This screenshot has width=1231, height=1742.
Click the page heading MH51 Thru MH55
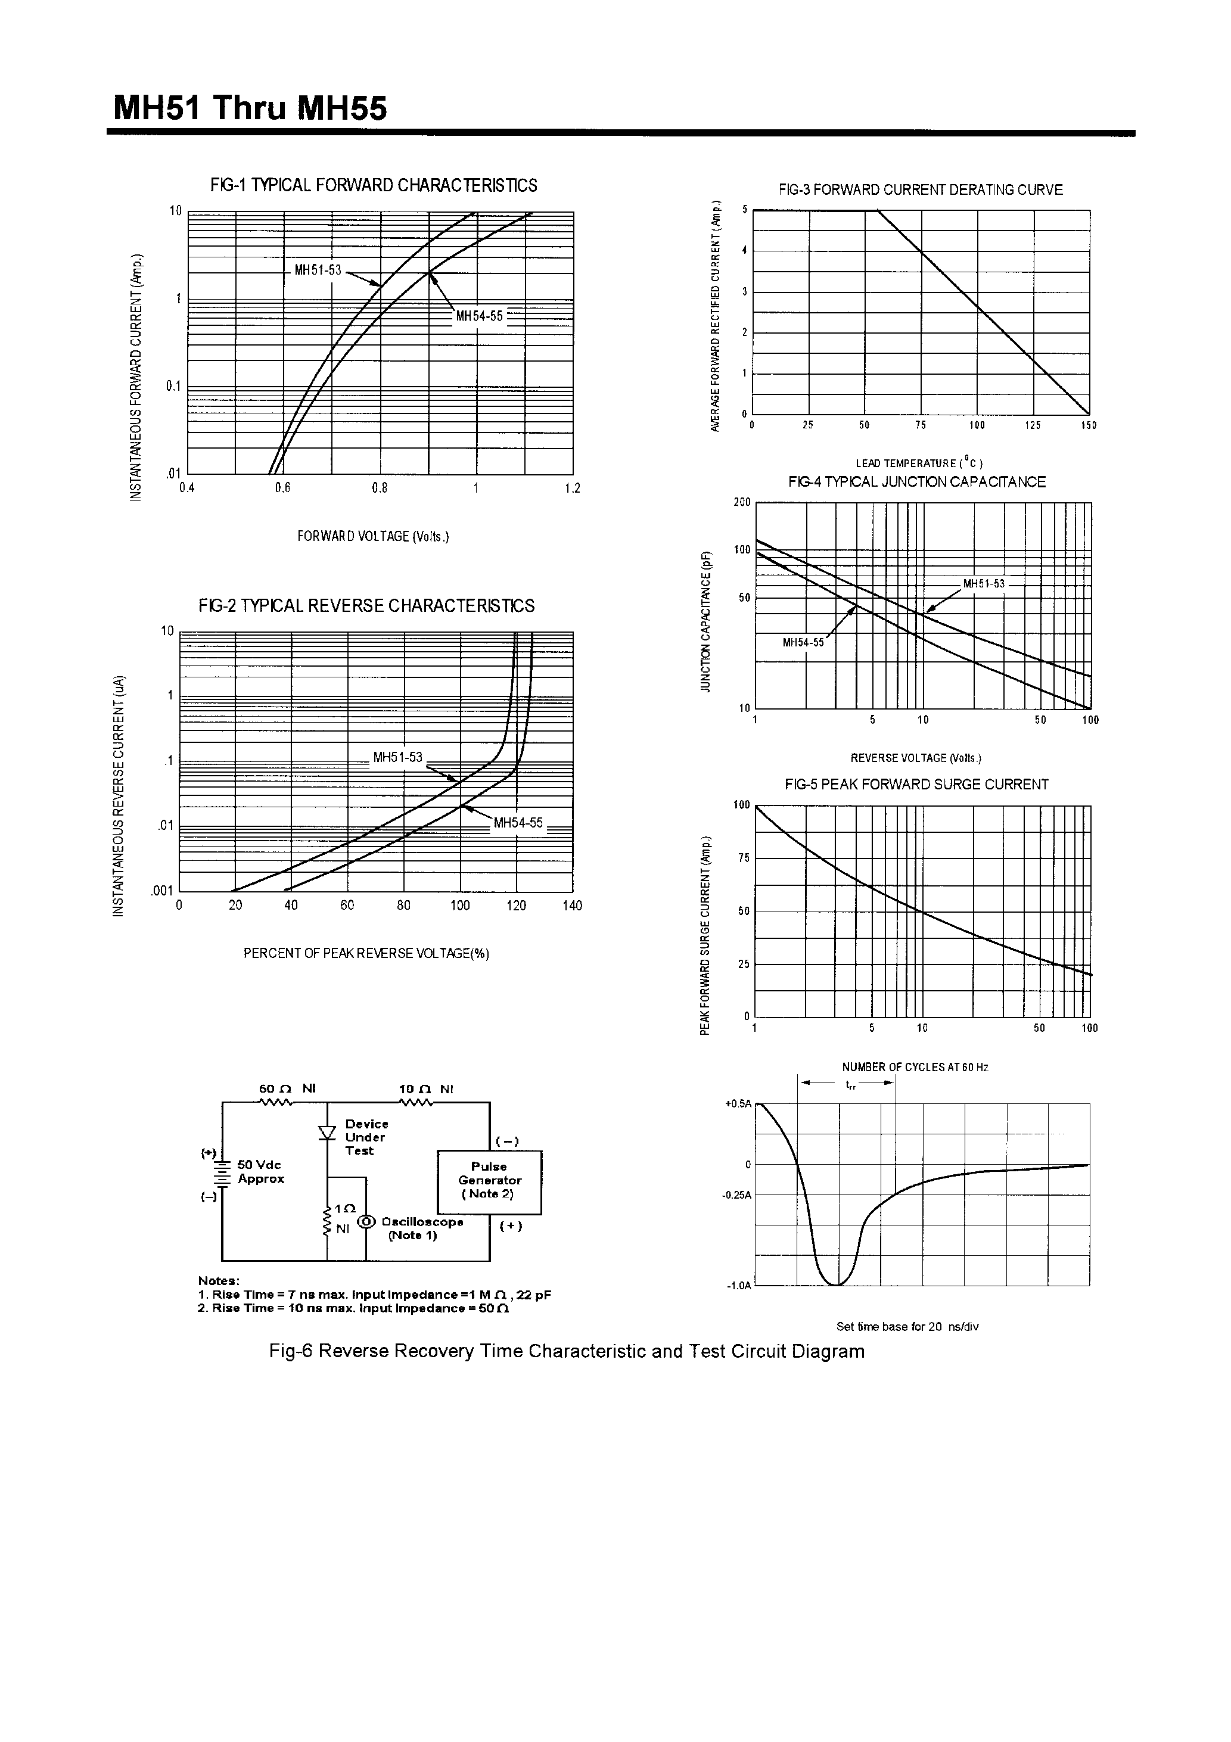[x=250, y=108]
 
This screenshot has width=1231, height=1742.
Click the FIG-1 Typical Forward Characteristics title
[x=374, y=186]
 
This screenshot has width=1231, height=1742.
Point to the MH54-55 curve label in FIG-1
[x=479, y=316]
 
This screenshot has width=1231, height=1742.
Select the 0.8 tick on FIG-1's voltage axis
[x=380, y=489]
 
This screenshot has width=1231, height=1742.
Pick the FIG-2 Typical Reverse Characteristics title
[x=366, y=605]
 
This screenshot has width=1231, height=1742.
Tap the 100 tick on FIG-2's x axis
[x=460, y=905]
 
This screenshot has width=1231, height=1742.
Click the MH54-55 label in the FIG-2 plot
[x=518, y=823]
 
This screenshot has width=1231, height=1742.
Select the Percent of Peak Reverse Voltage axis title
[x=366, y=954]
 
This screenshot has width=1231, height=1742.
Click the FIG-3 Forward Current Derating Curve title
[x=921, y=189]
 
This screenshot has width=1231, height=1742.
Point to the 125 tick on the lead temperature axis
[x=1033, y=425]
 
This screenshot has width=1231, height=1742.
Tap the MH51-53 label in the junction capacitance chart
[x=984, y=583]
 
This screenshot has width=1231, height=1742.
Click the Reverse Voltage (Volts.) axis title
[x=915, y=758]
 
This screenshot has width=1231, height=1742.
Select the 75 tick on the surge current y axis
[x=743, y=858]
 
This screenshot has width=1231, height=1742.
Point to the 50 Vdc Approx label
[x=260, y=1171]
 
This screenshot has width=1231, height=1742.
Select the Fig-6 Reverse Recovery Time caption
[x=566, y=1351]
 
